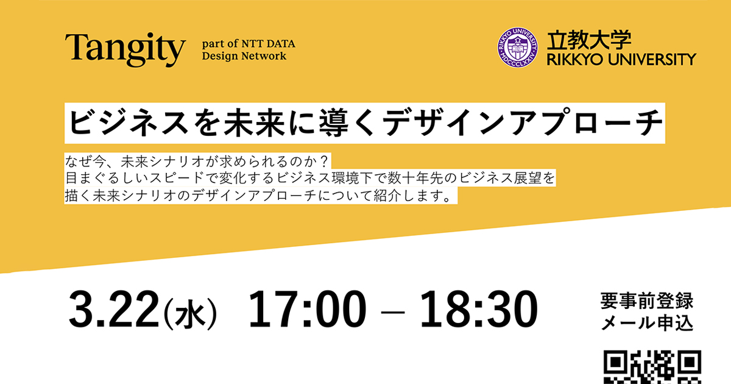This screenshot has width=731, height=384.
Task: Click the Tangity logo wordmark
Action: pyautogui.click(x=125, y=49)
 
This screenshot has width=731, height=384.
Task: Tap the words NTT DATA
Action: pyautogui.click(x=268, y=44)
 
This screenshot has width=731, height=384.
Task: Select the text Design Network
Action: pyautogui.click(x=244, y=56)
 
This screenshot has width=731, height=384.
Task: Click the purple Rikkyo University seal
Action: pyautogui.click(x=518, y=48)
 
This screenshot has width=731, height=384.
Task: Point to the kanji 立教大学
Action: pyautogui.click(x=589, y=40)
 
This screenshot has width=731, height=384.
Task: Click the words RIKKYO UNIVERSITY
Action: pyautogui.click(x=621, y=60)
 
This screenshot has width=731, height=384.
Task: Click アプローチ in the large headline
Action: pyautogui.click(x=586, y=123)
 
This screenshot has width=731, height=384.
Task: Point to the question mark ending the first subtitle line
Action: pyautogui.click(x=323, y=162)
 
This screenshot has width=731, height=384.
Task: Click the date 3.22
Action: pyautogui.click(x=114, y=309)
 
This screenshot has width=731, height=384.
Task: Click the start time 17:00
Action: pyautogui.click(x=307, y=309)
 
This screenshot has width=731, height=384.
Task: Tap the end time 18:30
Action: pyautogui.click(x=479, y=309)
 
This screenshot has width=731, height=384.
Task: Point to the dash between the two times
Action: pyautogui.click(x=393, y=313)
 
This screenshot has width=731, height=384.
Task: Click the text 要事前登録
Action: pyautogui.click(x=647, y=301)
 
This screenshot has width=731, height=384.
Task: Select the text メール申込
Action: pyautogui.click(x=647, y=323)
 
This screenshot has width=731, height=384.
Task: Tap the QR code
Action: pyautogui.click(x=652, y=367)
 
